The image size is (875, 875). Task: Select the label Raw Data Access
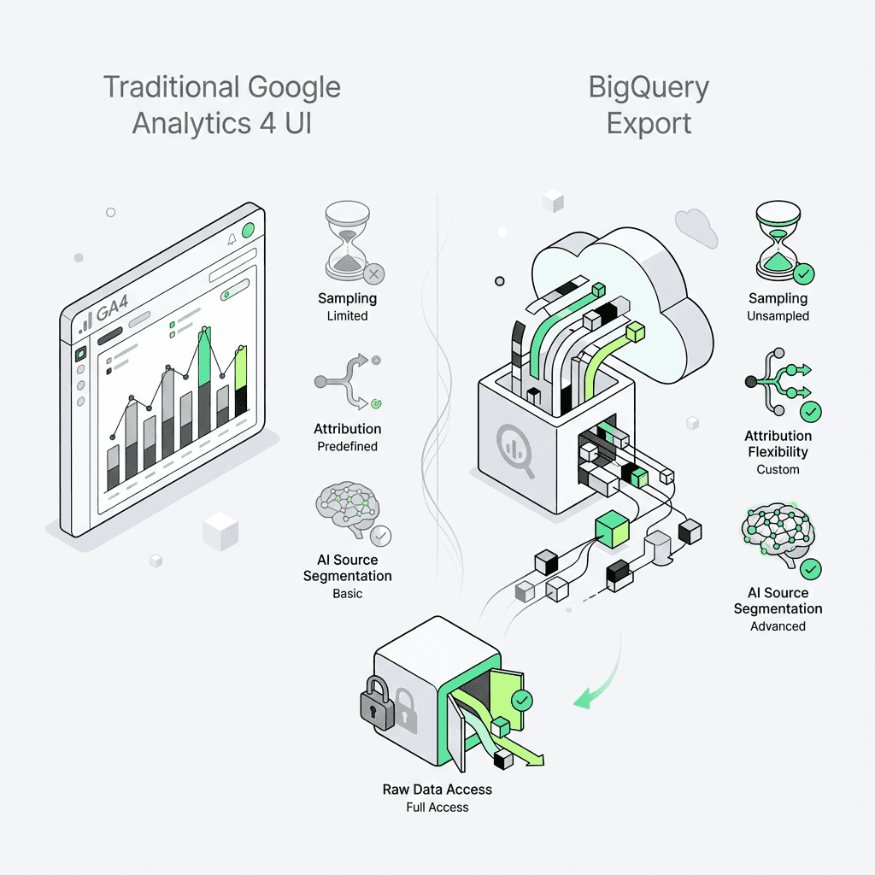coord(437,790)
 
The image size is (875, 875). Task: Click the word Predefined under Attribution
coord(347,446)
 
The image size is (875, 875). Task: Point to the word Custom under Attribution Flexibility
coord(778,469)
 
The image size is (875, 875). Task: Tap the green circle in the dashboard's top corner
coord(249,230)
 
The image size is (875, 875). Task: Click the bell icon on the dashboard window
coord(231,240)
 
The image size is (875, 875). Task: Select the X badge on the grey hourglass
coord(374,274)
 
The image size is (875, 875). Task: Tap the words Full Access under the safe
coord(437,807)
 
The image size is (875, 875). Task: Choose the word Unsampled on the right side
coord(778,315)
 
